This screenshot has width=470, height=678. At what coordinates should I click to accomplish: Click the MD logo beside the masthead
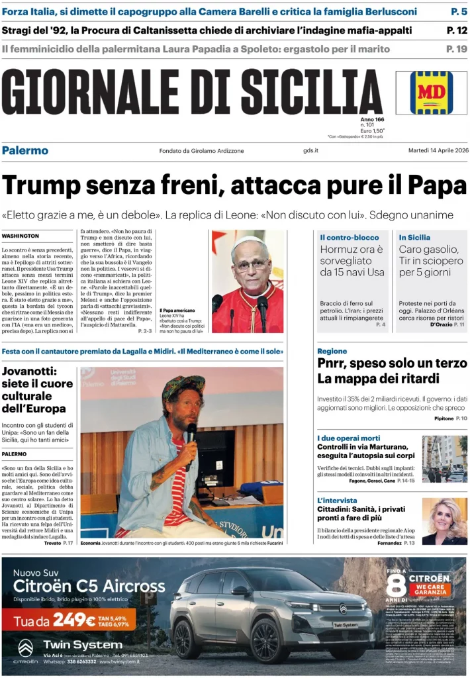pos(431,93)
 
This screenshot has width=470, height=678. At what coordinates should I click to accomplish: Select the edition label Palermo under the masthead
pos(25,150)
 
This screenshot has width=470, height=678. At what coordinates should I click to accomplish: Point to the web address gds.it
pos(310,151)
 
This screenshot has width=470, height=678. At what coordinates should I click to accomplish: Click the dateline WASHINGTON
pos(21,236)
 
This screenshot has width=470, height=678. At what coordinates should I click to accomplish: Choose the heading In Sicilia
pos(414,237)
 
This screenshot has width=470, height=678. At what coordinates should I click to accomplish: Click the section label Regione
pos(332,351)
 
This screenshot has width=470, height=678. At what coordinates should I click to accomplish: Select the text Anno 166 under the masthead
pos(372,119)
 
